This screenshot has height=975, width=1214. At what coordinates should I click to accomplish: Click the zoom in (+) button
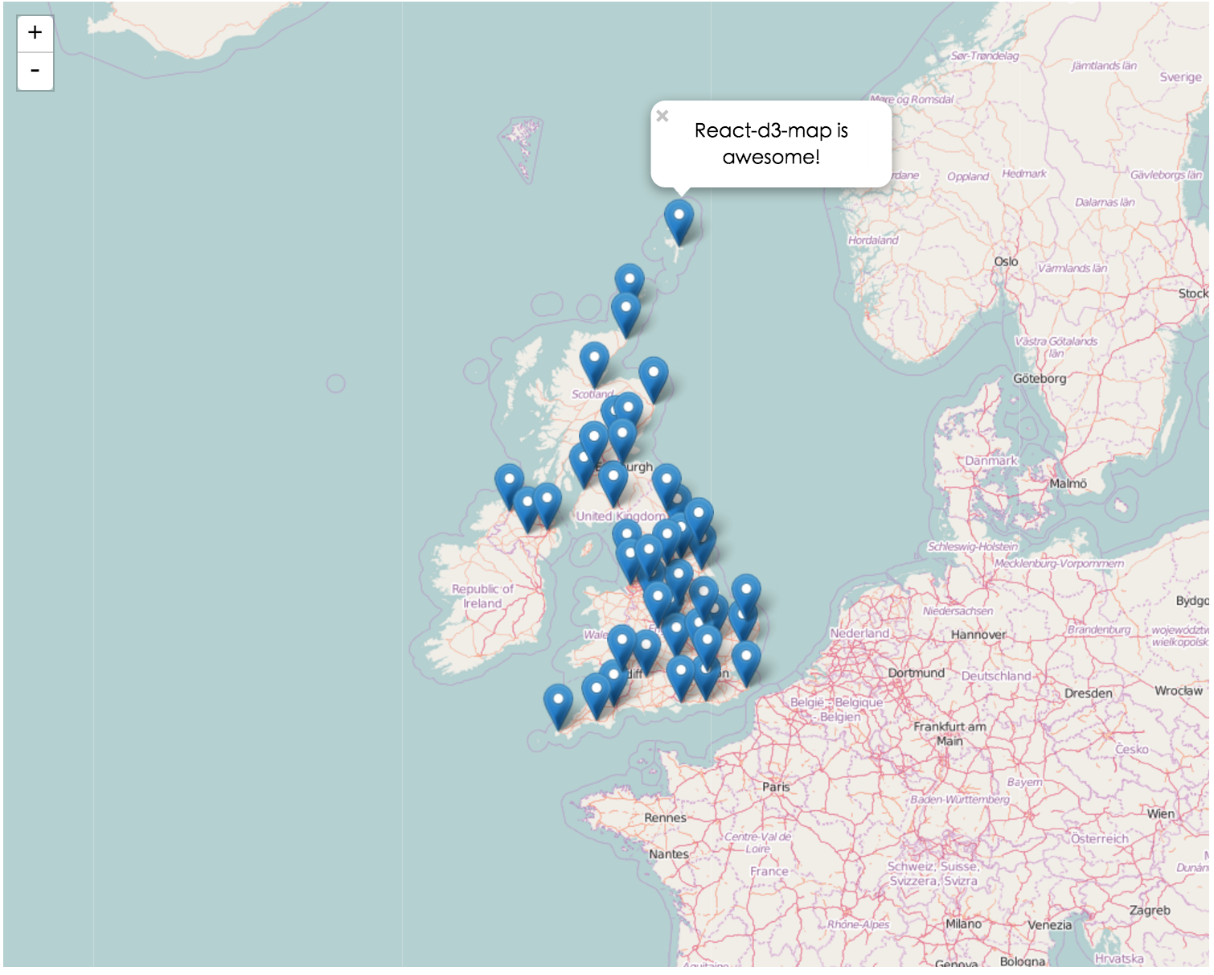click(35, 33)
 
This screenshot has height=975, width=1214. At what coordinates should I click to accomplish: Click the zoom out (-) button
click(35, 72)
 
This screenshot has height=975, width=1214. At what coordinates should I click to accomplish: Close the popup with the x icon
click(662, 116)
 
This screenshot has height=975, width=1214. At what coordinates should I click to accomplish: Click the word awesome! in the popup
click(770, 157)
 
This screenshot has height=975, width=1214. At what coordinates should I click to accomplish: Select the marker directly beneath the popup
click(679, 220)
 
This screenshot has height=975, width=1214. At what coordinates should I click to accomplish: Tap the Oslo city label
click(1006, 261)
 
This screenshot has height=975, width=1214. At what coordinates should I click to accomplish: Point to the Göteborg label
click(1039, 378)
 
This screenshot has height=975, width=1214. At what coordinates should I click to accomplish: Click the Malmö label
click(1068, 483)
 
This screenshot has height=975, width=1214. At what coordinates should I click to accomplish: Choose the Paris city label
click(776, 787)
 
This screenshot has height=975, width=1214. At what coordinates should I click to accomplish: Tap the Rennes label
click(665, 817)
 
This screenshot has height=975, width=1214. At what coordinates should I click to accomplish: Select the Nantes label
click(668, 854)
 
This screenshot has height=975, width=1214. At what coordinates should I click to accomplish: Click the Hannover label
click(978, 635)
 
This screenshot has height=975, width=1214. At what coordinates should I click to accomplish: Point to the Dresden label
click(1088, 693)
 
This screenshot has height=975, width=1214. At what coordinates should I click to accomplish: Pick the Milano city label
click(963, 924)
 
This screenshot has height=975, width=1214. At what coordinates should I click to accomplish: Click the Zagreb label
click(1149, 910)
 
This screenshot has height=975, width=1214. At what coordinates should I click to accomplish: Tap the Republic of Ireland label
click(482, 596)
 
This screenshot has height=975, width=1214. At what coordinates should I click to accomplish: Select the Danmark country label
click(990, 461)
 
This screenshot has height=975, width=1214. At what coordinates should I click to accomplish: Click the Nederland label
click(859, 633)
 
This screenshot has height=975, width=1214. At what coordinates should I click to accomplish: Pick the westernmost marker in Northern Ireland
click(509, 483)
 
